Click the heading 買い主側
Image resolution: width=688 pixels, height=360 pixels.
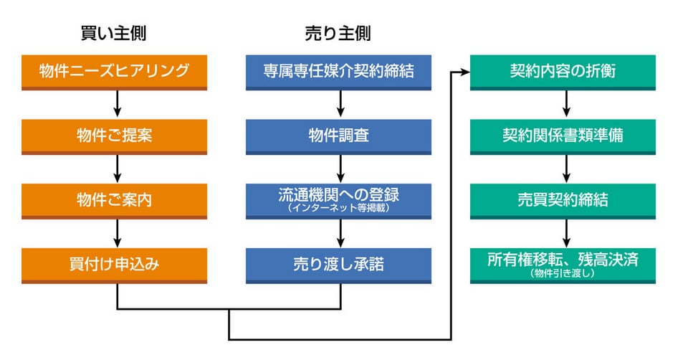pyautogui.click(x=114, y=34)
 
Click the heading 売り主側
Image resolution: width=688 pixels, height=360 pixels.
pyautogui.click(x=338, y=34)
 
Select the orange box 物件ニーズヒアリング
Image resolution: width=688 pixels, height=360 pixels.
pyautogui.click(x=114, y=72)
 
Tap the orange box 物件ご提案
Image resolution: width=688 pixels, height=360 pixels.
pyautogui.click(x=114, y=137)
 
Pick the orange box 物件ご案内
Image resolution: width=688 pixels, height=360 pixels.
pyautogui.click(x=114, y=202)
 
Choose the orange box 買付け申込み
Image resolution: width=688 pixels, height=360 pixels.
pyautogui.click(x=114, y=265)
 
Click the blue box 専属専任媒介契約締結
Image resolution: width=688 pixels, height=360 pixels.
pyautogui.click(x=338, y=72)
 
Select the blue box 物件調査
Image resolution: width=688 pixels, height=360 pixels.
pyautogui.click(x=338, y=137)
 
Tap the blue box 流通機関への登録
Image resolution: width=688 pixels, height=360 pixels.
pyautogui.click(x=338, y=202)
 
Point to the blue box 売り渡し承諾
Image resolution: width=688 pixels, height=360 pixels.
pyautogui.click(x=338, y=265)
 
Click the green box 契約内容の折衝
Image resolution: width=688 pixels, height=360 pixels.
pyautogui.click(x=563, y=72)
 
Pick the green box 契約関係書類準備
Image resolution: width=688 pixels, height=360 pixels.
pyautogui.click(x=563, y=137)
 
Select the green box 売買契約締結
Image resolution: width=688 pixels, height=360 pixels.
pyautogui.click(x=563, y=202)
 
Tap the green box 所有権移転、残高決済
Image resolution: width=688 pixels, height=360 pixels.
pyautogui.click(x=563, y=265)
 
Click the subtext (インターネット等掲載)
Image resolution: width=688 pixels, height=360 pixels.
pyautogui.click(x=338, y=208)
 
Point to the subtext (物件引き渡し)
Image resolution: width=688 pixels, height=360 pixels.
pyautogui.click(x=563, y=273)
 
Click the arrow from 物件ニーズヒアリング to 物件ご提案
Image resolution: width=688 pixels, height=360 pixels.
pyautogui.click(x=117, y=103)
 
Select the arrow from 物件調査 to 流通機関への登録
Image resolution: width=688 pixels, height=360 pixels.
pyautogui.click(x=340, y=169)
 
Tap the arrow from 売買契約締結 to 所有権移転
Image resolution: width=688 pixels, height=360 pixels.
pyautogui.click(x=566, y=233)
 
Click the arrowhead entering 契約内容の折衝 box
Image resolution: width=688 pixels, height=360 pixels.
pyautogui.click(x=464, y=72)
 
